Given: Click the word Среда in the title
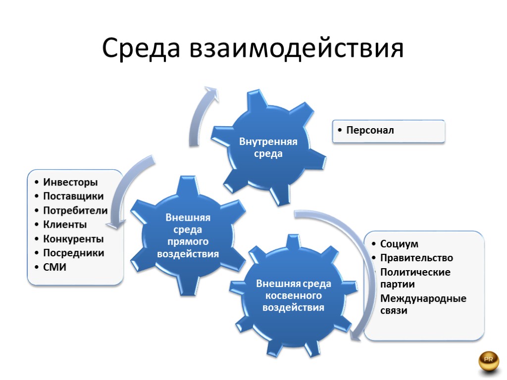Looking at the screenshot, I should pyautogui.click(x=141, y=48).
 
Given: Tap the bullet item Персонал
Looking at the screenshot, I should pyautogui.click(x=370, y=131).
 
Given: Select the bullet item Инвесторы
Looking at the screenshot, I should pyautogui.click(x=70, y=182).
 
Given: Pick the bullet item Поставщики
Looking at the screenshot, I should pyautogui.click(x=73, y=196).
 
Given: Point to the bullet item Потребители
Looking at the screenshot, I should pyautogui.click(x=75, y=210).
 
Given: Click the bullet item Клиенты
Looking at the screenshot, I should pyautogui.click(x=65, y=225).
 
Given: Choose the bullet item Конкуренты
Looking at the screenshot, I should pyautogui.click(x=73, y=239).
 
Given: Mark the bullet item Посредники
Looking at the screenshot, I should pyautogui.click(x=74, y=253).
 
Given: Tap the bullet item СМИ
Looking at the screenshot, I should pyautogui.click(x=55, y=267).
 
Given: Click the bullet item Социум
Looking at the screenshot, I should pyautogui.click(x=399, y=244).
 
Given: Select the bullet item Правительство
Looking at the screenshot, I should pyautogui.click(x=416, y=258).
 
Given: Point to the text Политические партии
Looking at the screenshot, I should pyautogui.click(x=415, y=278).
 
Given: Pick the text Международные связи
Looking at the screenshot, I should pyautogui.click(x=423, y=305).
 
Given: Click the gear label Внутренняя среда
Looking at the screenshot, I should pyautogui.click(x=268, y=147).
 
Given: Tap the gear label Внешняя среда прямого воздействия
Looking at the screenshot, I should pyautogui.click(x=188, y=236).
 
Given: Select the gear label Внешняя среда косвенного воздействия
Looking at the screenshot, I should pyautogui.click(x=293, y=295).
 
